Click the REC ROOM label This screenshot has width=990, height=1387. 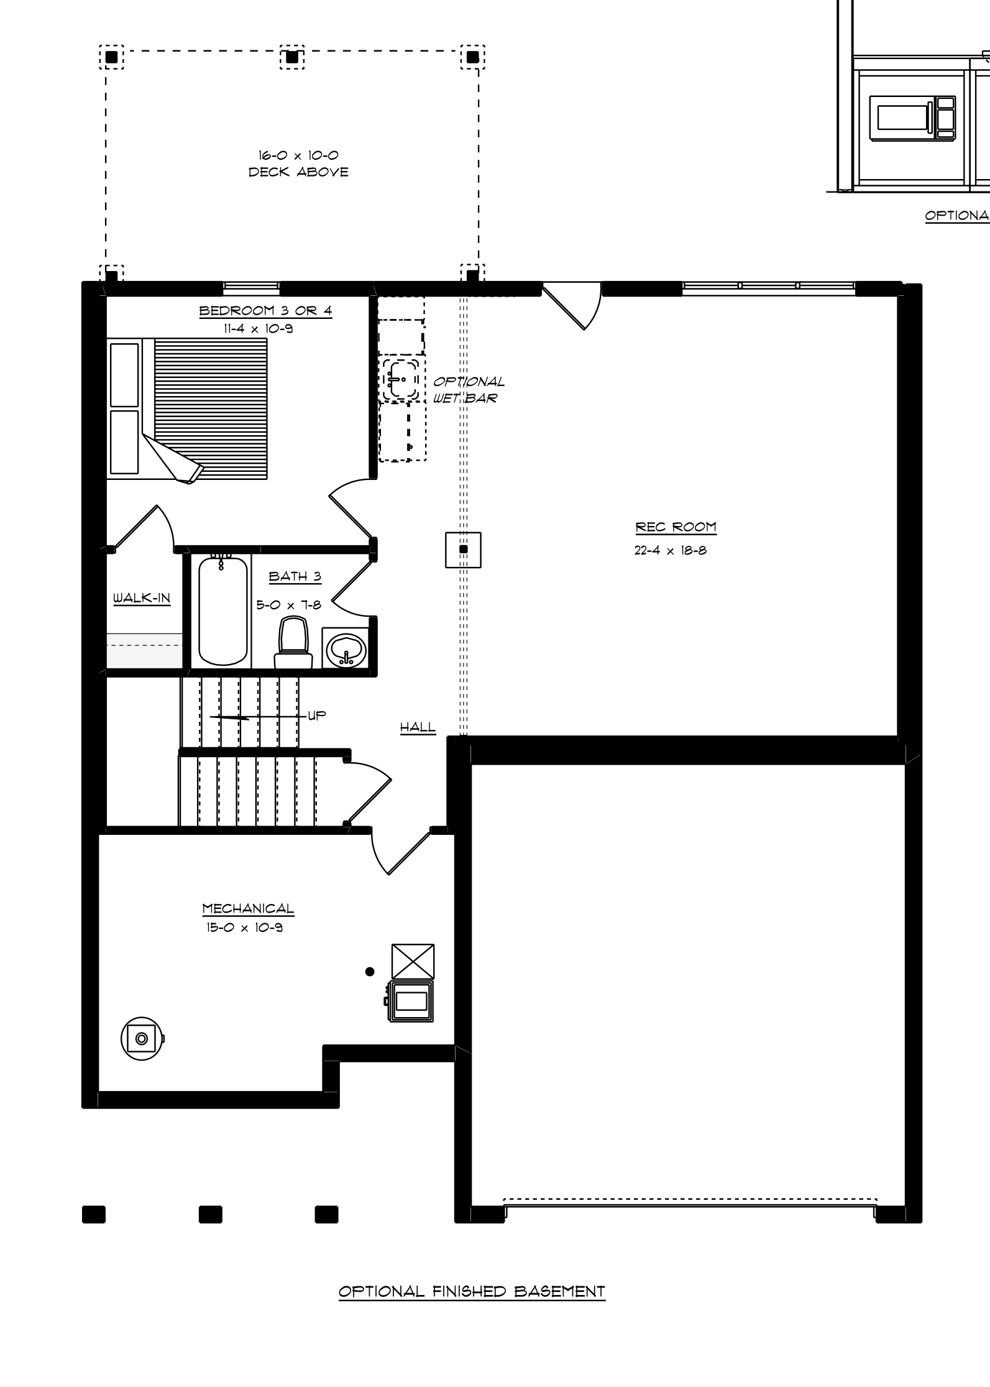(x=676, y=527)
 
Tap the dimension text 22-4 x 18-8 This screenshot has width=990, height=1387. (x=671, y=550)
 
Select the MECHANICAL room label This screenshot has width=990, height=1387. (x=248, y=908)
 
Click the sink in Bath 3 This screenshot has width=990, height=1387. (x=346, y=648)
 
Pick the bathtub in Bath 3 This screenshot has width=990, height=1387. (x=222, y=611)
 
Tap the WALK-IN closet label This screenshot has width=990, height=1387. (x=142, y=598)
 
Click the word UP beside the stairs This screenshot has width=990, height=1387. (x=317, y=716)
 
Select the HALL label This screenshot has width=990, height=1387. (x=418, y=727)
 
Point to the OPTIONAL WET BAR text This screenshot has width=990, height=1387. (x=469, y=390)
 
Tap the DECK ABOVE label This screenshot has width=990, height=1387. (x=298, y=172)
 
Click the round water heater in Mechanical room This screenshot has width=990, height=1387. (x=142, y=1038)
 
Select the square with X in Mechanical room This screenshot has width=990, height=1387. (x=413, y=962)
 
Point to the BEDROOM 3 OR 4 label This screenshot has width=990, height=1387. (x=265, y=311)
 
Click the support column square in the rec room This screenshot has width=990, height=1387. (x=463, y=550)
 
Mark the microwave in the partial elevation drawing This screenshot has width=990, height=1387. (x=912, y=116)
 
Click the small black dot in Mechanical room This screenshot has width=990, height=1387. (x=370, y=972)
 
